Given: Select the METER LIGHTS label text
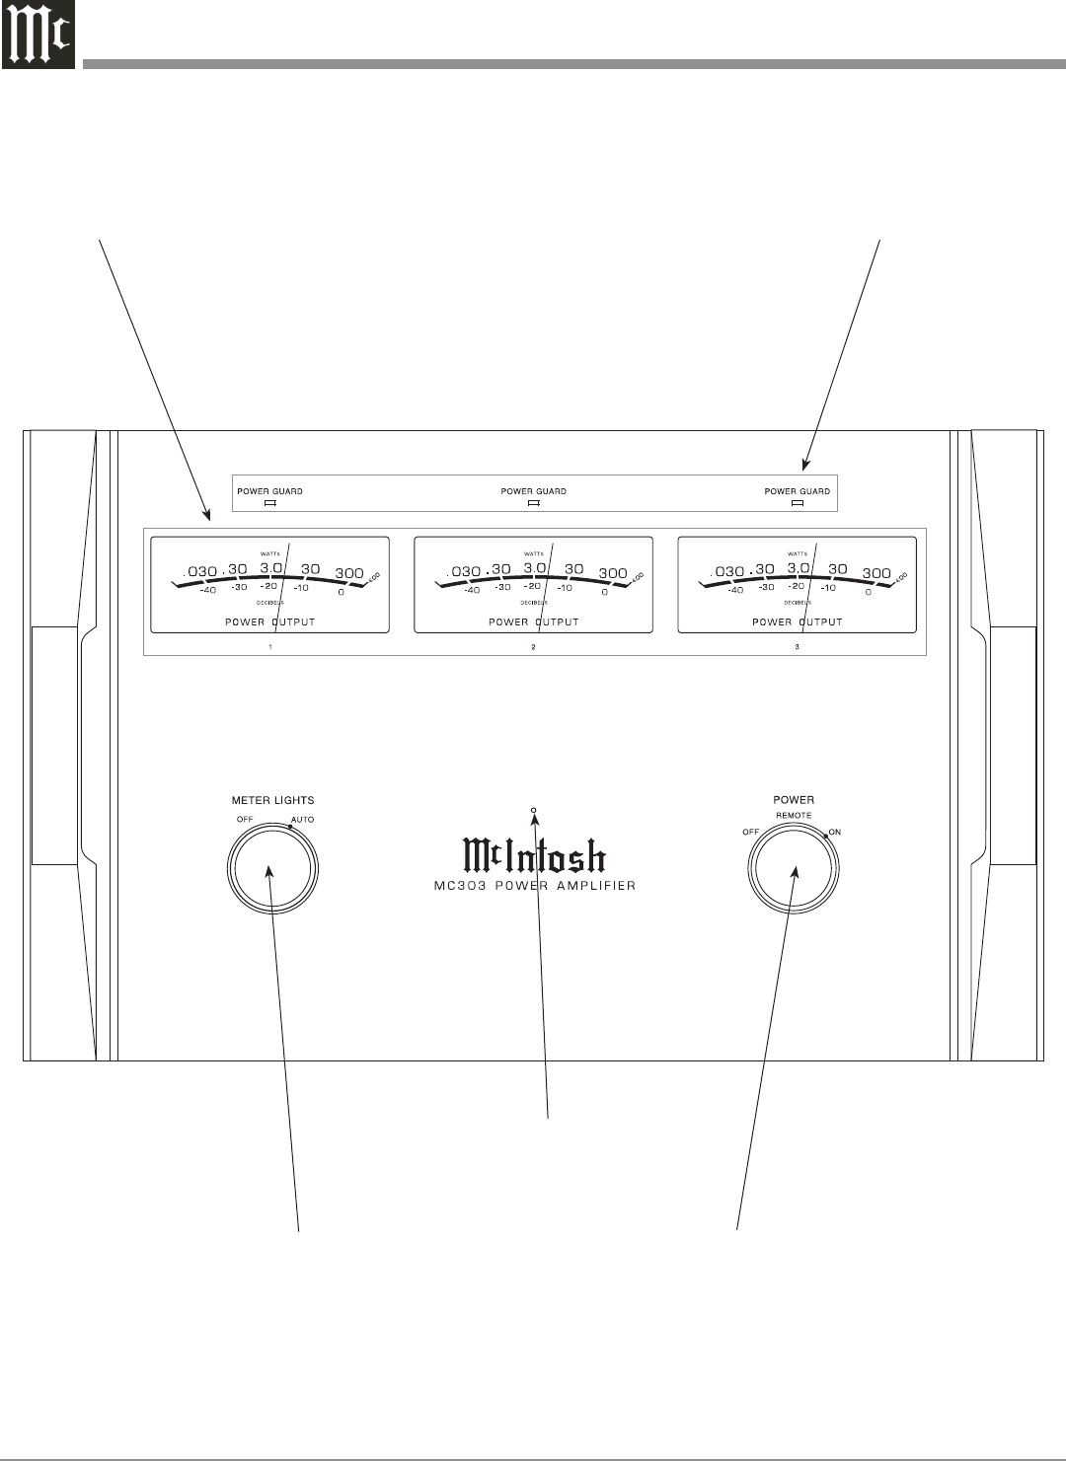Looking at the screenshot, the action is [272, 800].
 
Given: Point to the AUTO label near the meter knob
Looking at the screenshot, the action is [303, 820].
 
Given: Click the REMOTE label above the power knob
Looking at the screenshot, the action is [794, 815].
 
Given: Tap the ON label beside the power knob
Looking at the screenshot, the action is [835, 832].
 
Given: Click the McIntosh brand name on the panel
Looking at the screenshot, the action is [534, 856].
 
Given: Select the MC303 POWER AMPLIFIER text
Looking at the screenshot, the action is [534, 886].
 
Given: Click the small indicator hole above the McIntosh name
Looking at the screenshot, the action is [534, 811].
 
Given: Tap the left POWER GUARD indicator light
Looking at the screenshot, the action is [268, 502].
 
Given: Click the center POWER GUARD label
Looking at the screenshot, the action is [533, 490].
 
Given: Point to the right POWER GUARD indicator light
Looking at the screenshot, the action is [798, 502].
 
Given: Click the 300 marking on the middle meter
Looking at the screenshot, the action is [613, 573].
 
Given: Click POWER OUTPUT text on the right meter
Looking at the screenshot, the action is [798, 622].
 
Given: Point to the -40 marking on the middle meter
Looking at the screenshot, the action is [472, 590].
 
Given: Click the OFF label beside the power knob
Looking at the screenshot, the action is [750, 832].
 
